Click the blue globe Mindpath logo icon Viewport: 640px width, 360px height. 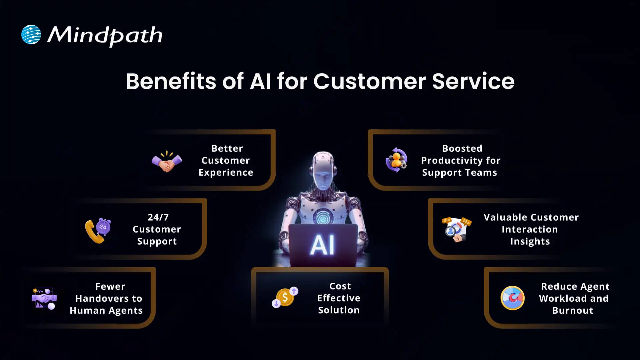tap(31, 35)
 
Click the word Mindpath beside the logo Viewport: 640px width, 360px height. tap(105, 35)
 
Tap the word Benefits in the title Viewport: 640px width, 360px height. tap(171, 81)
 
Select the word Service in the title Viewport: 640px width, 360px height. tap(473, 81)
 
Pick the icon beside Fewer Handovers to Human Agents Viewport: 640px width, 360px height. tap(44, 298)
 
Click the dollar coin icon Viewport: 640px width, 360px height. tap(285, 297)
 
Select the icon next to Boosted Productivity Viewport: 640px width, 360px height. tap(396, 160)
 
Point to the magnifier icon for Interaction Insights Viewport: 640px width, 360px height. tap(456, 229)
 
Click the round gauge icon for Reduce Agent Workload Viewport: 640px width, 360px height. tap(512, 298)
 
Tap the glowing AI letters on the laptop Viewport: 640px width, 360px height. tap(322, 245)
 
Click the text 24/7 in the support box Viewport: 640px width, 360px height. tap(158, 217)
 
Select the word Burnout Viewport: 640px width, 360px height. tap(573, 311)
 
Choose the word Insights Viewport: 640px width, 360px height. tap(530, 241)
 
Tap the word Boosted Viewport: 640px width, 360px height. tap(462, 148)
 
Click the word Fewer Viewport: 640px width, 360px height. tap(110, 286)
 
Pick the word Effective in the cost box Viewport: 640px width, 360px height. tap(339, 298)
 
